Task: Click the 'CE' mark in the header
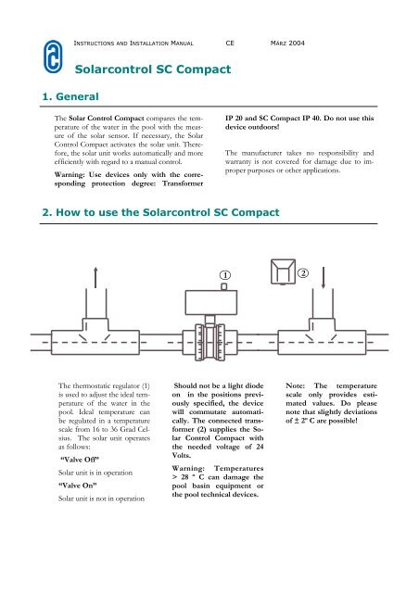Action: point(230,43)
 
